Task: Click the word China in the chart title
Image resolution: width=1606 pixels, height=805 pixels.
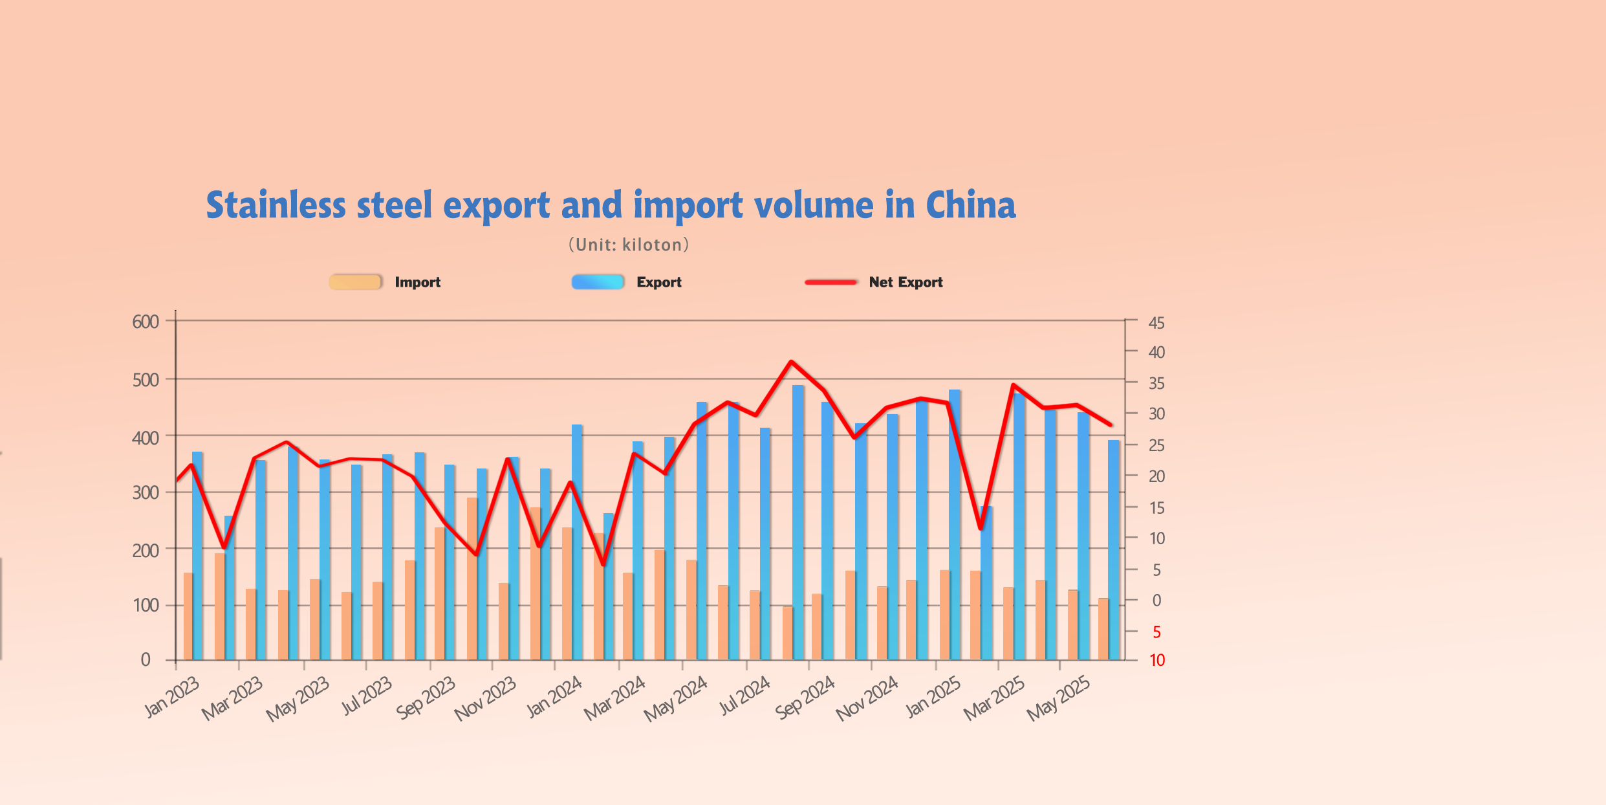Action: pyautogui.click(x=970, y=205)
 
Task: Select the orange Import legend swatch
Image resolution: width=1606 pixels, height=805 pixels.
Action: pyautogui.click(x=355, y=282)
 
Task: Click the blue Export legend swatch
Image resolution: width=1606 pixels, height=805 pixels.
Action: pyautogui.click(x=597, y=282)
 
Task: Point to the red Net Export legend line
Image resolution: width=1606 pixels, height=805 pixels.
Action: pyautogui.click(x=830, y=282)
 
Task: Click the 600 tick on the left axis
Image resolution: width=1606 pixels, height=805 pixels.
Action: pyautogui.click(x=146, y=322)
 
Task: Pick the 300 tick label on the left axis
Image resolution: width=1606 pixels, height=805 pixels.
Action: pyautogui.click(x=146, y=493)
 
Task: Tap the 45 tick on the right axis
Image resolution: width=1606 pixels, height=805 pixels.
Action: pyautogui.click(x=1156, y=323)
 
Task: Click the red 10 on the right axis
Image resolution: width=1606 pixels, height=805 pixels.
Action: pyautogui.click(x=1157, y=660)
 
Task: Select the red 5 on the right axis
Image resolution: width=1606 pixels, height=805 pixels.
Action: pyautogui.click(x=1157, y=632)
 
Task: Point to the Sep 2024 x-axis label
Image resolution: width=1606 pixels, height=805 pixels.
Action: pyautogui.click(x=805, y=698)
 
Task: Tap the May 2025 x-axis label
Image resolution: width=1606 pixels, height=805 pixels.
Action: pyautogui.click(x=1058, y=698)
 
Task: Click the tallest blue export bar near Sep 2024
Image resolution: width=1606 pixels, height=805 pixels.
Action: pyautogui.click(x=798, y=518)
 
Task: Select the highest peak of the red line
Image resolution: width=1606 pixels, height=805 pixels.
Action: pyautogui.click(x=791, y=362)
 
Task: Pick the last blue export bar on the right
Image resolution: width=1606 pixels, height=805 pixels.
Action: pyautogui.click(x=1113, y=550)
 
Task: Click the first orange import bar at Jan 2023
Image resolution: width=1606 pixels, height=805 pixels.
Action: pyautogui.click(x=188, y=615)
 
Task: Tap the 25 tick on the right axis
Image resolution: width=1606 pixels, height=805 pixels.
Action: pyautogui.click(x=1156, y=445)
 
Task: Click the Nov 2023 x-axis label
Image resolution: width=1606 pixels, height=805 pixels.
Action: pyautogui.click(x=485, y=698)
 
